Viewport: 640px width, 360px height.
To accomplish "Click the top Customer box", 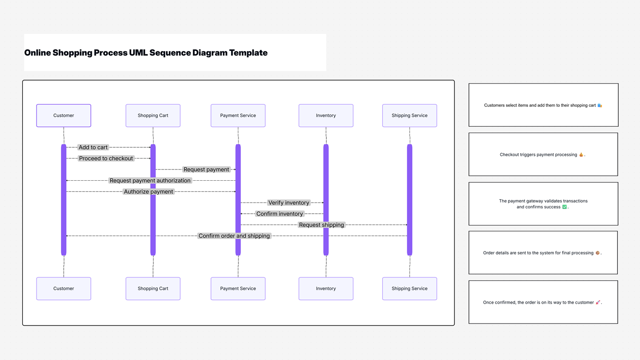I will coord(64,116).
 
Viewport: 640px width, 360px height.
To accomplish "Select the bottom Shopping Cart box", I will coord(153,289).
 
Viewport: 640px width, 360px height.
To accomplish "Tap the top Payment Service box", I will coord(238,116).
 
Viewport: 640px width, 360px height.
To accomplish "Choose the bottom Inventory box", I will coord(326,289).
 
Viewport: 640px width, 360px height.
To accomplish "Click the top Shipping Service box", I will coord(409,116).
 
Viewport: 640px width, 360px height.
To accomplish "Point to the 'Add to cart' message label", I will coord(93,147).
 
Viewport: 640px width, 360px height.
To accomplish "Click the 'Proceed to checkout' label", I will coord(106,158).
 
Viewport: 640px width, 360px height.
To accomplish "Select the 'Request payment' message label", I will coord(206,170).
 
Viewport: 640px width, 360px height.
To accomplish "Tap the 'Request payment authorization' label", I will coord(150,181).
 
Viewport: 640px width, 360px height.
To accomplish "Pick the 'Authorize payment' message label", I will coord(148,192).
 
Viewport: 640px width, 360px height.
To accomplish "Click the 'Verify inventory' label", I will coord(288,203).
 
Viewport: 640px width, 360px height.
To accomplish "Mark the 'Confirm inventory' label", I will coord(280,214).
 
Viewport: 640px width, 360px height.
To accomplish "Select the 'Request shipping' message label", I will coord(321,225).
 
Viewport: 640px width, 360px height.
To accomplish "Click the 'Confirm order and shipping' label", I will coord(234,236).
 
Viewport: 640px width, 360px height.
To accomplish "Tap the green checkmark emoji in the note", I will coord(564,207).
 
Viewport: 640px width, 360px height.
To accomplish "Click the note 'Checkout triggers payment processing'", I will coord(543,154).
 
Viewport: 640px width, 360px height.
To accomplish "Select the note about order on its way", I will coord(543,302).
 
